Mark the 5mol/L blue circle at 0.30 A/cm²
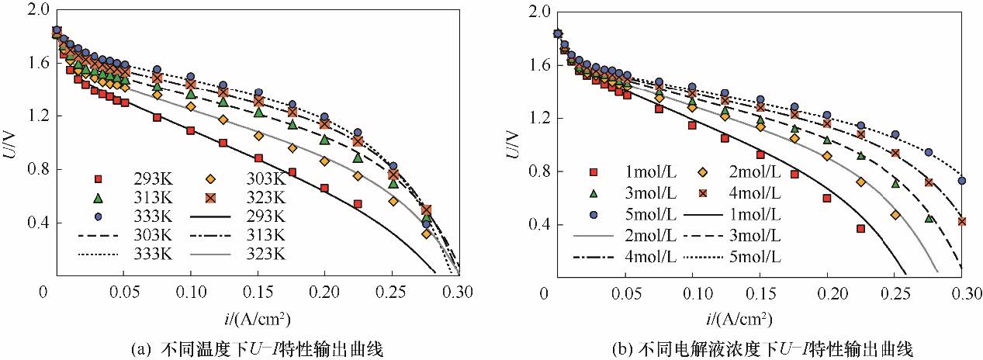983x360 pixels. click(962, 181)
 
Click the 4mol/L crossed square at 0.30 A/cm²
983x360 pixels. click(962, 221)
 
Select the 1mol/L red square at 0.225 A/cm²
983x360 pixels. click(861, 228)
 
